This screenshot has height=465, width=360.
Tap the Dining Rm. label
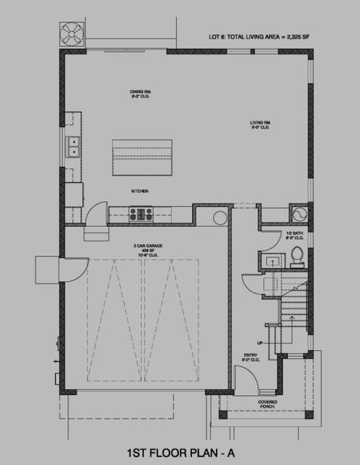coord(140,93)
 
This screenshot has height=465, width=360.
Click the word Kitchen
coord(140,190)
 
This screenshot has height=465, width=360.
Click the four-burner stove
coord(141,214)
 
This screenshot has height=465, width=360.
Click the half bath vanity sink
coord(271,261)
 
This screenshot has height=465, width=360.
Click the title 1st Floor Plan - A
coord(180,450)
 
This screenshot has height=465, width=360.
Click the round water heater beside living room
coord(298,214)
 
